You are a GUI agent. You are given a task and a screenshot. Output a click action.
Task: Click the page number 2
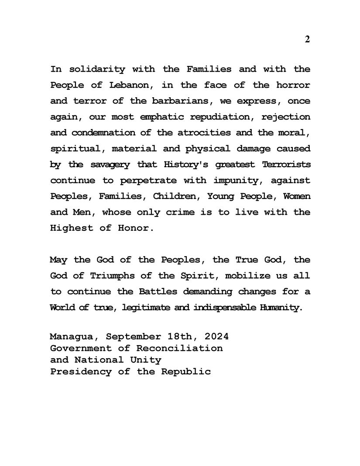pyautogui.click(x=307, y=39)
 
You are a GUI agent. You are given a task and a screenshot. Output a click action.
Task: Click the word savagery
pyautogui.click(x=111, y=164)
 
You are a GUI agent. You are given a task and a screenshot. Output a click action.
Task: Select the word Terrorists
pyautogui.click(x=286, y=164)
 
